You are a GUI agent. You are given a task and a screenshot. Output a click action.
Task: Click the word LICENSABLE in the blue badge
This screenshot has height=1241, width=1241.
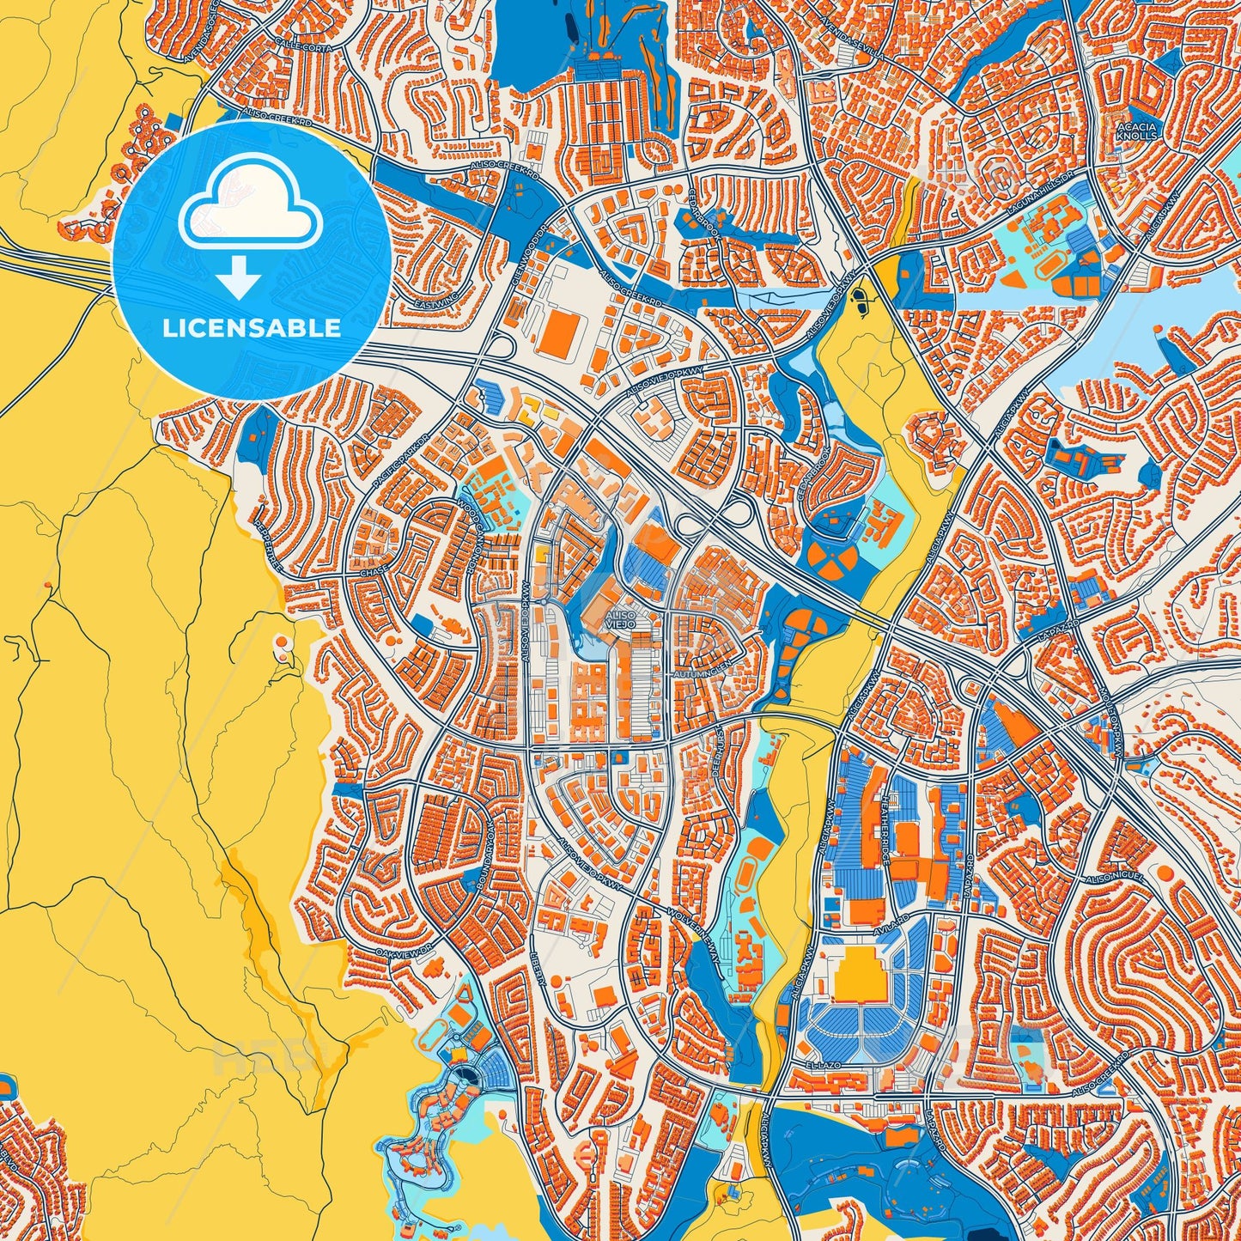coord(251,328)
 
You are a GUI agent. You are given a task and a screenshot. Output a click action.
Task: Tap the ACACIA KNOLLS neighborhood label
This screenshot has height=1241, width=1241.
coord(1137,131)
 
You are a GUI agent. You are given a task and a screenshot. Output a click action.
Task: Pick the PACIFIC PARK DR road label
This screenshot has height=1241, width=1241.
coord(400,466)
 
